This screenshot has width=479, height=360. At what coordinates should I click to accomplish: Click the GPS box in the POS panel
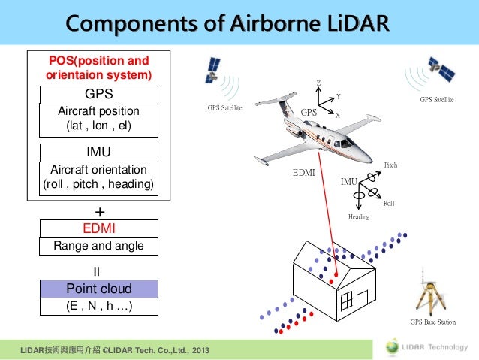pyautogui.click(x=99, y=95)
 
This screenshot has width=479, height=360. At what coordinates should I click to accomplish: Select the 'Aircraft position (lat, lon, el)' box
pyautogui.click(x=99, y=119)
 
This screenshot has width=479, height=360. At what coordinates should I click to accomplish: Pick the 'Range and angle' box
pyautogui.click(x=99, y=246)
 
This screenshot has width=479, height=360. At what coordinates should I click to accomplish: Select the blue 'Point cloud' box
pyautogui.click(x=99, y=289)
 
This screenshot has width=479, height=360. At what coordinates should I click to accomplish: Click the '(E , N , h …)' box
pyautogui.click(x=99, y=306)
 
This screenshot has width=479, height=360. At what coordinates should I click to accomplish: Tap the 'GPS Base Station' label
pyautogui.click(x=433, y=322)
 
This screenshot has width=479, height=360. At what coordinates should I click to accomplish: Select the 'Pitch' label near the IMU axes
pyautogui.click(x=390, y=165)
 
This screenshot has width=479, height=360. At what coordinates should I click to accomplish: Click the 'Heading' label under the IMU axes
pyautogui.click(x=359, y=217)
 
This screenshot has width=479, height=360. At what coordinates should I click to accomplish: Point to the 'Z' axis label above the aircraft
pyautogui.click(x=318, y=83)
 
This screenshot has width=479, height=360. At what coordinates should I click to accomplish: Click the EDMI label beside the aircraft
pyautogui.click(x=303, y=173)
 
